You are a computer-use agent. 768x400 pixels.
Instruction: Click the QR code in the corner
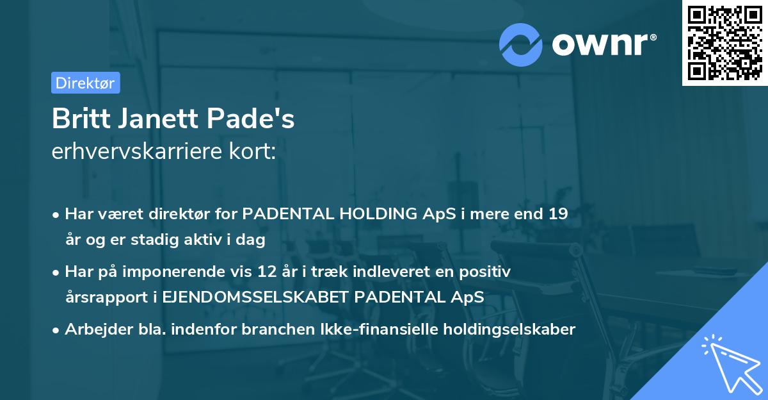[x=723, y=43]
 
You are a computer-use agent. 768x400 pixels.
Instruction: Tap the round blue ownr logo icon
[x=520, y=44]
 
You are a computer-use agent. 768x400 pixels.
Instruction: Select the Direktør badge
[x=85, y=83]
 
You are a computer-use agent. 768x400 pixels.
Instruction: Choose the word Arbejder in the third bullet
[x=93, y=329]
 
